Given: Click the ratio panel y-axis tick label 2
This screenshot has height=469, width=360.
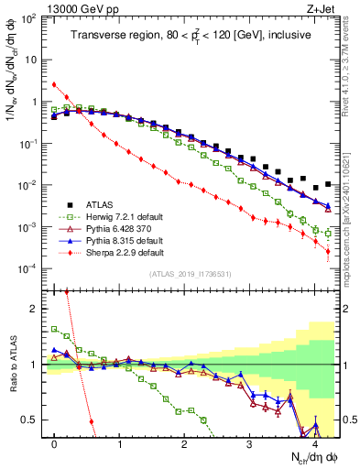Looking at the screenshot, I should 36,308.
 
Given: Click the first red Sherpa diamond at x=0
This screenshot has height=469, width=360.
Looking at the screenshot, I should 55,85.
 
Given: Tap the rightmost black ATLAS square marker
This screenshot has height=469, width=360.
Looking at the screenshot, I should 328,184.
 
